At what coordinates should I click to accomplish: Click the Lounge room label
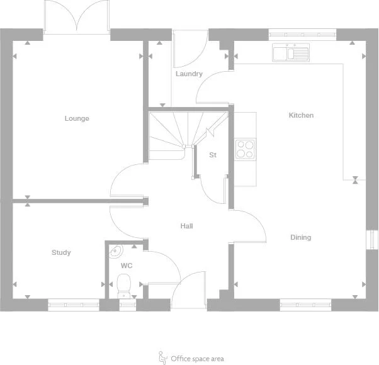coord(77,118)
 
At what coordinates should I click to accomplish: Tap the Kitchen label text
coord(301,115)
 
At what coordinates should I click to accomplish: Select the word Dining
coord(300,237)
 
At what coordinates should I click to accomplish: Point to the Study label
coord(61,252)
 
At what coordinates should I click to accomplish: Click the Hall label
coord(186,225)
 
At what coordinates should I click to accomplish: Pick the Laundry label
coord(189,74)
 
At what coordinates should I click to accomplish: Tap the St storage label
coord(213,154)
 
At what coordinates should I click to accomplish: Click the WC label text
coord(127,266)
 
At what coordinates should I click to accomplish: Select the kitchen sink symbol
coord(290,52)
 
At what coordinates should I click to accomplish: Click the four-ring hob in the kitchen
coord(245,149)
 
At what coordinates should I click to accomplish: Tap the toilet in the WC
coord(124,285)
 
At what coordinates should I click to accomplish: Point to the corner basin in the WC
coord(114,252)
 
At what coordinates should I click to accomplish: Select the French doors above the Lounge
coord(76,16)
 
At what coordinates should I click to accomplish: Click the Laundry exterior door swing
coord(188,49)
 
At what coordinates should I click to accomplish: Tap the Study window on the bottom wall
coord(74,305)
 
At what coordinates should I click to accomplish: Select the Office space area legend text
coord(197,359)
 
